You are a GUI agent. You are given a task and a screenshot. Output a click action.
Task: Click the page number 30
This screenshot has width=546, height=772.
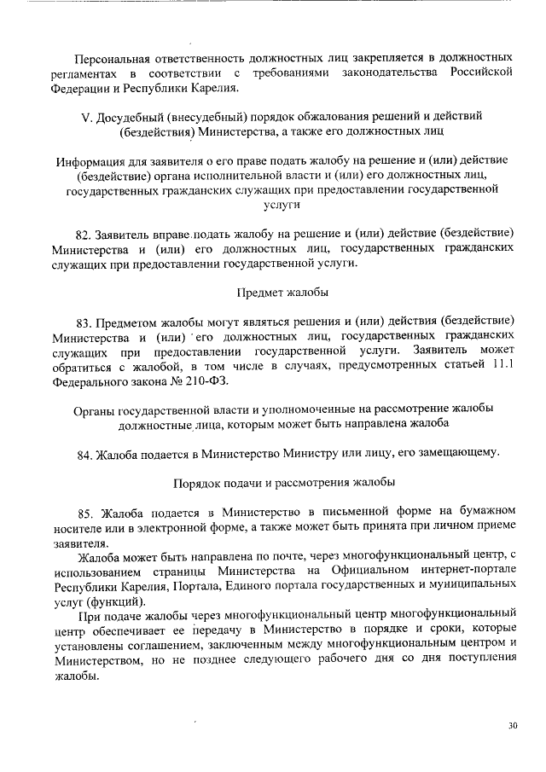pyautogui.click(x=512, y=726)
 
